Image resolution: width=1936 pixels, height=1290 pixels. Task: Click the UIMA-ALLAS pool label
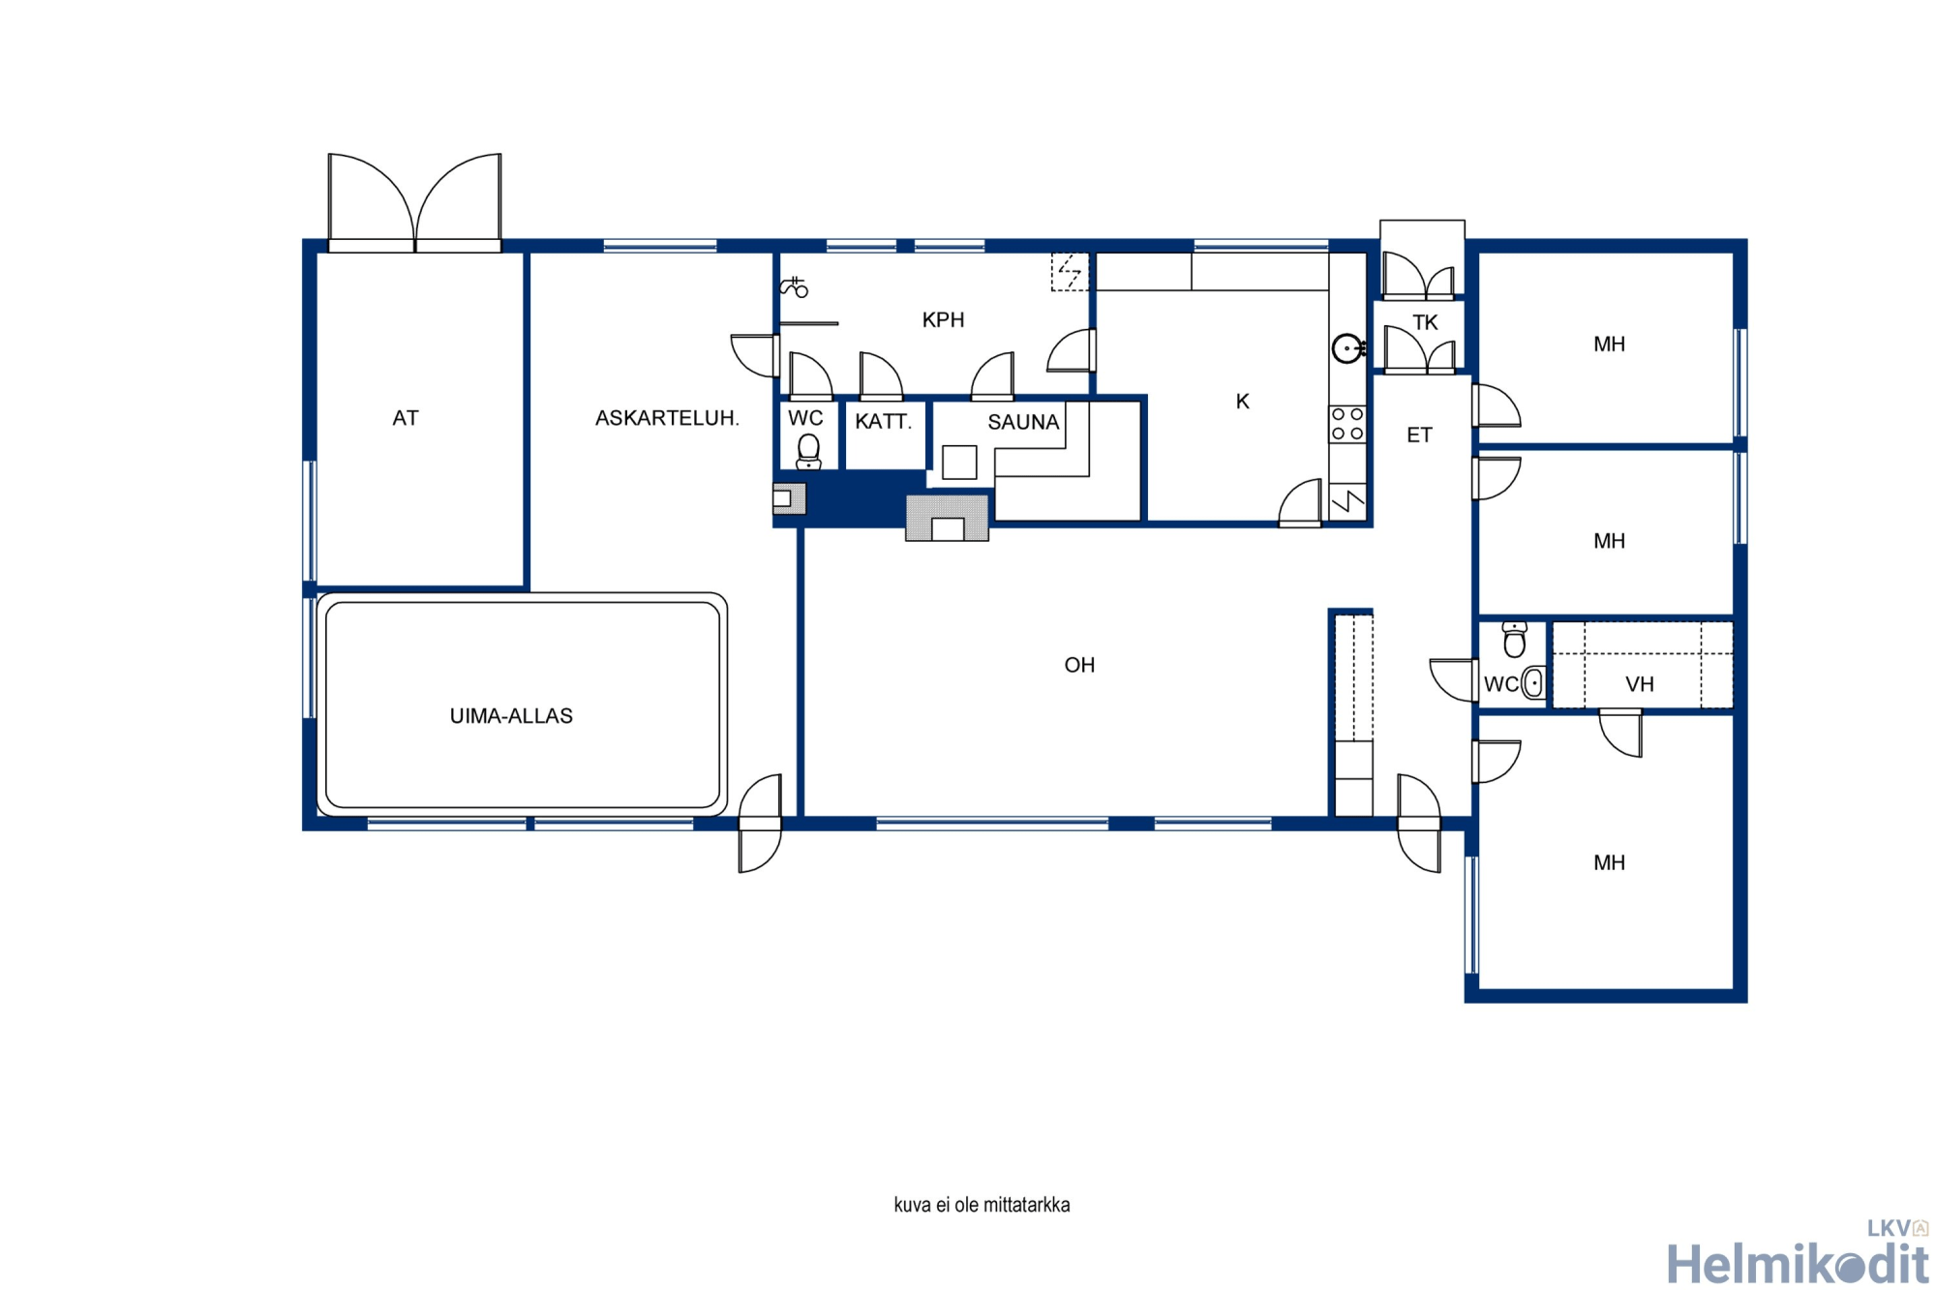(x=511, y=716)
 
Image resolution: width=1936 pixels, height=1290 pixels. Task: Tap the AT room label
(x=406, y=418)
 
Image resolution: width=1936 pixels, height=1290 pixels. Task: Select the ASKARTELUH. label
(x=667, y=418)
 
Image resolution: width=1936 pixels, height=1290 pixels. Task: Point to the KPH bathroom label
(x=943, y=320)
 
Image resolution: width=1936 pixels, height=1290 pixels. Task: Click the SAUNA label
(x=1023, y=422)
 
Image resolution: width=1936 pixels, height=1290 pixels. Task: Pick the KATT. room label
(x=883, y=421)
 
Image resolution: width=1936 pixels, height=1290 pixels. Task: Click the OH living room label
(x=1079, y=665)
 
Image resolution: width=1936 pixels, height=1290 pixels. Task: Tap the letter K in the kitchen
(x=1243, y=402)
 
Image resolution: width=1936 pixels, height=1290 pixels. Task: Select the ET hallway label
(x=1419, y=435)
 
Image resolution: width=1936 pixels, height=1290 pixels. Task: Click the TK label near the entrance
(x=1425, y=322)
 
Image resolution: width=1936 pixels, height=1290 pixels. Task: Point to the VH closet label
(x=1640, y=684)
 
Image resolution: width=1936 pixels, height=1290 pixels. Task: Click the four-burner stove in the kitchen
(x=1346, y=424)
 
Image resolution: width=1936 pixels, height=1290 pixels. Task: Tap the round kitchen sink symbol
(x=1347, y=348)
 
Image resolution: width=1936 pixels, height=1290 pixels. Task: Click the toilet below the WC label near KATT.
(x=808, y=451)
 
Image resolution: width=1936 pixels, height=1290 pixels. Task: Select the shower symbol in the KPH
(x=795, y=286)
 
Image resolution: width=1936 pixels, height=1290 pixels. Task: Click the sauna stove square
(x=959, y=462)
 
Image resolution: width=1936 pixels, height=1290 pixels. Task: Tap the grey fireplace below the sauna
(x=948, y=518)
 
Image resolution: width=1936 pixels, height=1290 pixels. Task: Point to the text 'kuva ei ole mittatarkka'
(x=982, y=1205)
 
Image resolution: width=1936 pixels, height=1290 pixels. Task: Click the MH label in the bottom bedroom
(x=1609, y=863)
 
